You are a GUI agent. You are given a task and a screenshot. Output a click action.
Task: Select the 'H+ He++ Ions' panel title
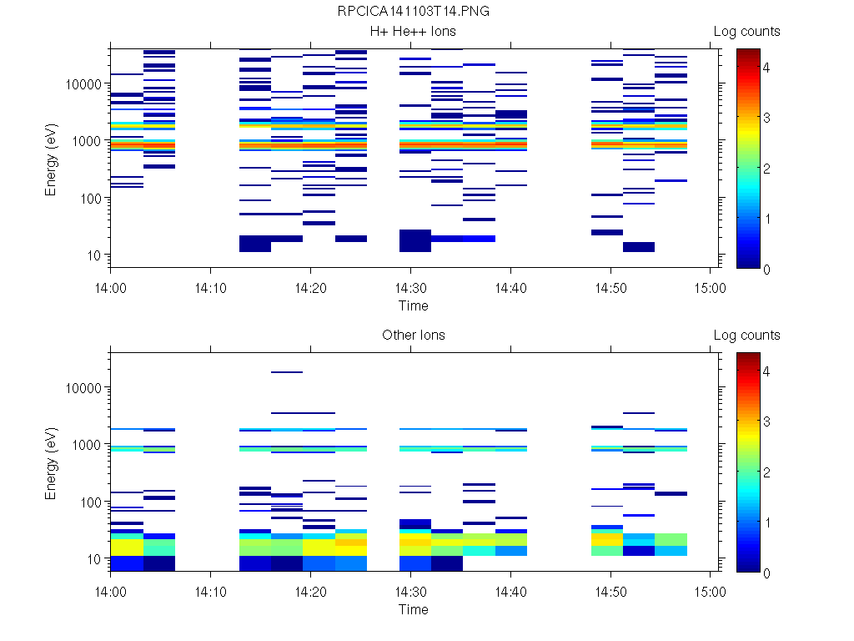(x=413, y=32)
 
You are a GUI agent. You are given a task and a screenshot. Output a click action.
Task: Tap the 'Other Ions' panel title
(x=413, y=336)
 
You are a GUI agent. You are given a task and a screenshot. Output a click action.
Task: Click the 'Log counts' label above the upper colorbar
(x=746, y=32)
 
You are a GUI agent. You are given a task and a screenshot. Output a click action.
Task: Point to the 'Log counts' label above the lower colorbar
(x=746, y=336)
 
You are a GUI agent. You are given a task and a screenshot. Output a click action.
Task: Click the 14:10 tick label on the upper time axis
(x=210, y=286)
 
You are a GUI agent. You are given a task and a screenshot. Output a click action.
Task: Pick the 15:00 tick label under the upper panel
(x=710, y=286)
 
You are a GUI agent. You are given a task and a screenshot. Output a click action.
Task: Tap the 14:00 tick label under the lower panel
(x=111, y=590)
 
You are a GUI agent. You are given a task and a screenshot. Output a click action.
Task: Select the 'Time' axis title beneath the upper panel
(x=413, y=305)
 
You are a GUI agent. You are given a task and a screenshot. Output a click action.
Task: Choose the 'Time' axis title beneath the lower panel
(x=413, y=609)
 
